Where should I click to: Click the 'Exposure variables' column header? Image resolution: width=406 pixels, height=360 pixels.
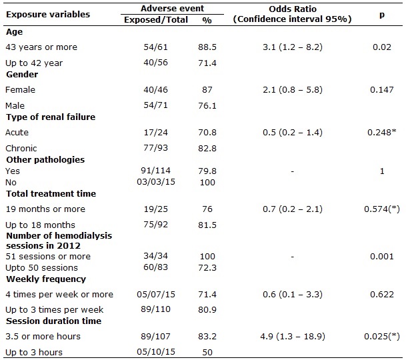[x=48, y=14]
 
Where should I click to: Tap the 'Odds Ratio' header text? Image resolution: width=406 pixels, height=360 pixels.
[x=293, y=9]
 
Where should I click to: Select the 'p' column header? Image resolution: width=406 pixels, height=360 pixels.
[x=382, y=15]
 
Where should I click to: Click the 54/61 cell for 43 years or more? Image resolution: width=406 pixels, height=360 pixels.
[x=155, y=47]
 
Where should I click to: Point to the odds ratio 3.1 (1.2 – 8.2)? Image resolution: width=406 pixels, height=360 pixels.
[x=293, y=47]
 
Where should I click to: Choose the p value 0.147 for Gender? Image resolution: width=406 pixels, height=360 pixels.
[x=382, y=89]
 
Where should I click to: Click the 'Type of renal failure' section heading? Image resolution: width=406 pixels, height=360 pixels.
[x=51, y=117]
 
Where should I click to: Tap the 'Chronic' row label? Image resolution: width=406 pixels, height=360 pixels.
[x=21, y=149]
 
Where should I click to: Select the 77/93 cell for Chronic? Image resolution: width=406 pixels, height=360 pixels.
[x=155, y=148]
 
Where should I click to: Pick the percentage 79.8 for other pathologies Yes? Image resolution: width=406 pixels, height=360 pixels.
[x=207, y=171]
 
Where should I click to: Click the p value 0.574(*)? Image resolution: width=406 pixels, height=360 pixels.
[x=382, y=209]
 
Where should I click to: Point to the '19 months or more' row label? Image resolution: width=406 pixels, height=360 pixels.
[x=45, y=209]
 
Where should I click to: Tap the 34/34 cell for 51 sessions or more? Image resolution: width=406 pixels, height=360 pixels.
[x=155, y=256]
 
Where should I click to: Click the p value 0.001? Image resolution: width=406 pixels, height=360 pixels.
[x=382, y=257]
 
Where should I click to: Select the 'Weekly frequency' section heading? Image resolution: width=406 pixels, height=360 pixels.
[x=46, y=279]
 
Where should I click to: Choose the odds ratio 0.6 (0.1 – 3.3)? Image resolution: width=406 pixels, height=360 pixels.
[x=293, y=295]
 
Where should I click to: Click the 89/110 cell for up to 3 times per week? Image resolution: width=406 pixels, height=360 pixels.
[x=155, y=309]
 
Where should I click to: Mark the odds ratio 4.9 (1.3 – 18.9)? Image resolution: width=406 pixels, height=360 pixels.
[x=293, y=337]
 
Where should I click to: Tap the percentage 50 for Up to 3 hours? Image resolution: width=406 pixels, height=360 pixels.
[x=207, y=353]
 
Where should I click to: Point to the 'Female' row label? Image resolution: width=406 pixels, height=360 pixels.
[x=20, y=89]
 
